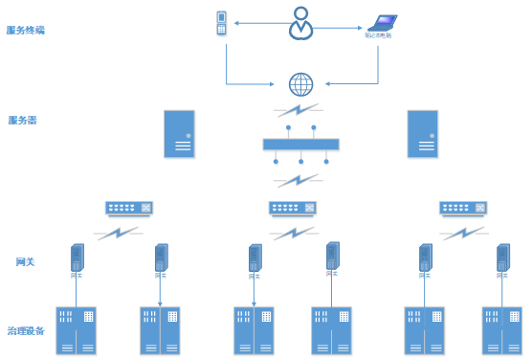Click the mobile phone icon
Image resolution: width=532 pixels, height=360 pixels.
222,22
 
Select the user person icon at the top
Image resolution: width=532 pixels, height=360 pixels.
301,23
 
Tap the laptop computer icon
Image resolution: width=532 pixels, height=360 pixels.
382,23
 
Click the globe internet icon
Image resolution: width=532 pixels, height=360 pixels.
301,84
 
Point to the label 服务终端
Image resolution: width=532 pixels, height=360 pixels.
26,30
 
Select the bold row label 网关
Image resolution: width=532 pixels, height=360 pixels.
26,261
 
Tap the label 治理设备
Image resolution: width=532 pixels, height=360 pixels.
26,331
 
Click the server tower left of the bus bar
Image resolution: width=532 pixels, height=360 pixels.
179,133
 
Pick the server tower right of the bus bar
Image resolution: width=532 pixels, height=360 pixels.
423,133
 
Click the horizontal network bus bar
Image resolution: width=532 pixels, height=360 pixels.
300,145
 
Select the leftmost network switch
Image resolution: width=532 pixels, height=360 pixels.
128,208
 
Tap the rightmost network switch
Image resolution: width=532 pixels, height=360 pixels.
462,208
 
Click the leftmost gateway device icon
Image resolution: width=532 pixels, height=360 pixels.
77,259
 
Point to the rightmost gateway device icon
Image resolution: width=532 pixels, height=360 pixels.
501,258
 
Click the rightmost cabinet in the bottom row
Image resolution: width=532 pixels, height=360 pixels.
501,330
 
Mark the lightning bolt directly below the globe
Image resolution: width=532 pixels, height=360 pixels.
300,110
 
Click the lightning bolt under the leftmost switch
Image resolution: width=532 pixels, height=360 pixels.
119,232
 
